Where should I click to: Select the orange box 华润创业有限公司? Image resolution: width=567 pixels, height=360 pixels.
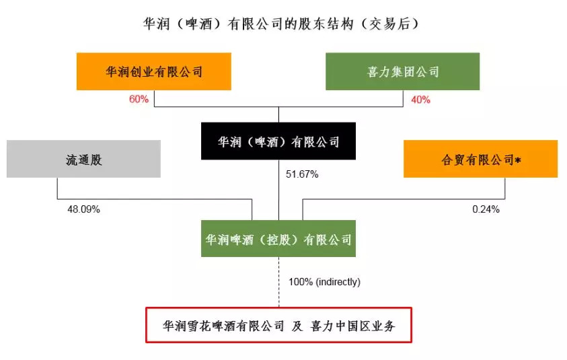[154, 71]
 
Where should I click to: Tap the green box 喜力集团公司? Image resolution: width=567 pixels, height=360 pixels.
[402, 71]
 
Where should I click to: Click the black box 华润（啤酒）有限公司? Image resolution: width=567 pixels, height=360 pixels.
[278, 141]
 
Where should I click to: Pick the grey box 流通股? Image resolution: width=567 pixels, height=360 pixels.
[83, 159]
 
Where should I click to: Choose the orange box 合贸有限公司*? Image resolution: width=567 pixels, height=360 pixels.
[480, 159]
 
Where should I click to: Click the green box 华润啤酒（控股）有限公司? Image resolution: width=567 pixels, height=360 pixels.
[278, 239]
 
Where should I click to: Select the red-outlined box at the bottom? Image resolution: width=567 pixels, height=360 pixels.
[278, 325]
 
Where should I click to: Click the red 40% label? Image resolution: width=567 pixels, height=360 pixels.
[420, 100]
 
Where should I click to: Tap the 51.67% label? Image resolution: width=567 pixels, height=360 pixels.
[302, 174]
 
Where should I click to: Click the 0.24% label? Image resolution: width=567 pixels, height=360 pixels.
[486, 209]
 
